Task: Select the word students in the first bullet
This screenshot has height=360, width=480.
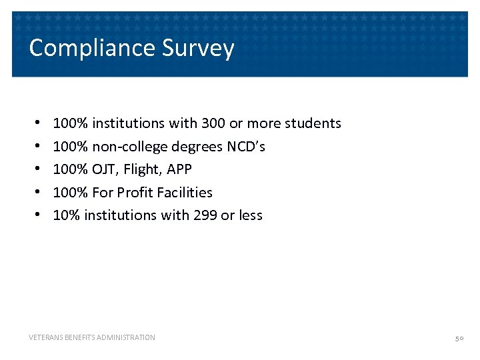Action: pos(313,123)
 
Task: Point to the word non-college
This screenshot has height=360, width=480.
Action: pos(130,147)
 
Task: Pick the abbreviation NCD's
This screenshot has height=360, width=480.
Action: pos(246,146)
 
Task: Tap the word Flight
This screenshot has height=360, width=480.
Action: pos(141,169)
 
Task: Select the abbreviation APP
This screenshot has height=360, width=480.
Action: pos(179,169)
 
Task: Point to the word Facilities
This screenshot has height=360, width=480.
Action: pos(186,192)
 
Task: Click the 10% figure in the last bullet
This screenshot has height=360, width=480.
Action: pos(65,215)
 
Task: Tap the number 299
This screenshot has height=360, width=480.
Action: pos(205,215)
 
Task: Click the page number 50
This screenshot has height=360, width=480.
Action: pos(459,338)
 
